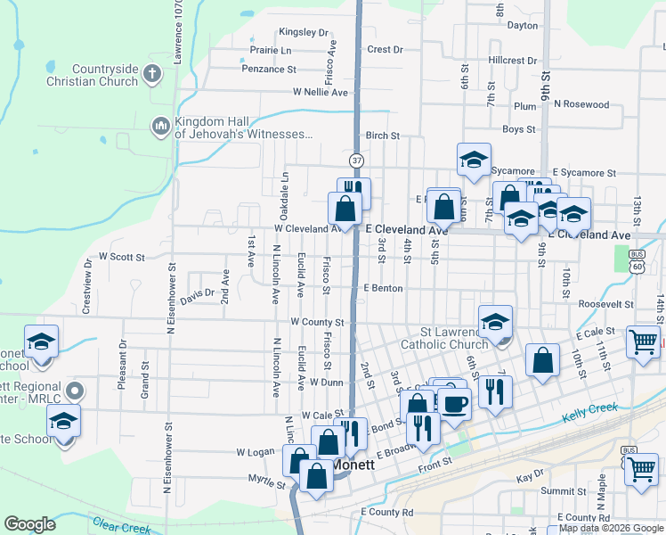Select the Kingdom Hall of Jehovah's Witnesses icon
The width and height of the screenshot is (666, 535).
[x=161, y=128]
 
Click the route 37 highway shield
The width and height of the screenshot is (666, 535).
[x=357, y=160]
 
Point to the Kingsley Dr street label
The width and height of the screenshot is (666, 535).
[x=304, y=32]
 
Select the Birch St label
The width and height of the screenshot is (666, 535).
[x=382, y=136]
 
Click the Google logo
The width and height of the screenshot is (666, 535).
[x=29, y=524]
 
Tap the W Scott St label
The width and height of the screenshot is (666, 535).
[x=122, y=257]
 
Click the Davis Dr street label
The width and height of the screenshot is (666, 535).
[x=198, y=292]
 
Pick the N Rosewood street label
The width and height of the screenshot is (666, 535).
[x=581, y=104]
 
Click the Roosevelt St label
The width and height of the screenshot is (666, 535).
[x=605, y=304]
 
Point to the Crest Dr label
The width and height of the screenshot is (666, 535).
[x=385, y=50]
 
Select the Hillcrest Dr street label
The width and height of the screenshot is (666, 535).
[x=513, y=61]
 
